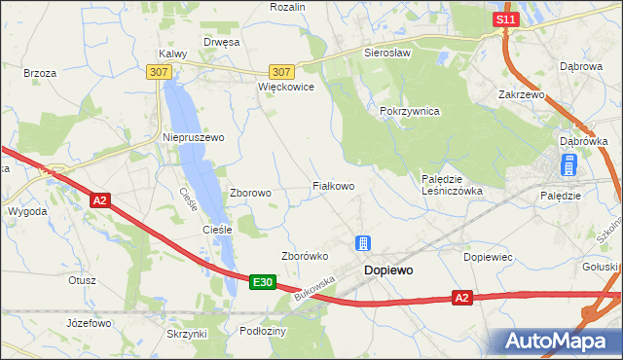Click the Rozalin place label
(x=288, y=7)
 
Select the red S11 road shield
(x=503, y=19)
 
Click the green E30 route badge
(x=261, y=282)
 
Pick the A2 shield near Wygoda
(x=100, y=200)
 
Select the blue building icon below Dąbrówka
(x=569, y=166)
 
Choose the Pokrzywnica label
(x=410, y=112)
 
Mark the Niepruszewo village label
(x=193, y=138)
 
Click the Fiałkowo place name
(x=332, y=185)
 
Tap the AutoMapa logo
(x=559, y=342)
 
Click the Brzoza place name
(x=40, y=73)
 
